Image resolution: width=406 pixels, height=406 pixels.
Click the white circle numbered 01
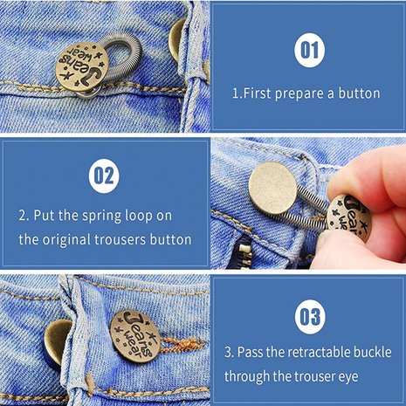click(x=306, y=51)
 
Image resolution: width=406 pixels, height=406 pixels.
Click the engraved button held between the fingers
click(x=346, y=216)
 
